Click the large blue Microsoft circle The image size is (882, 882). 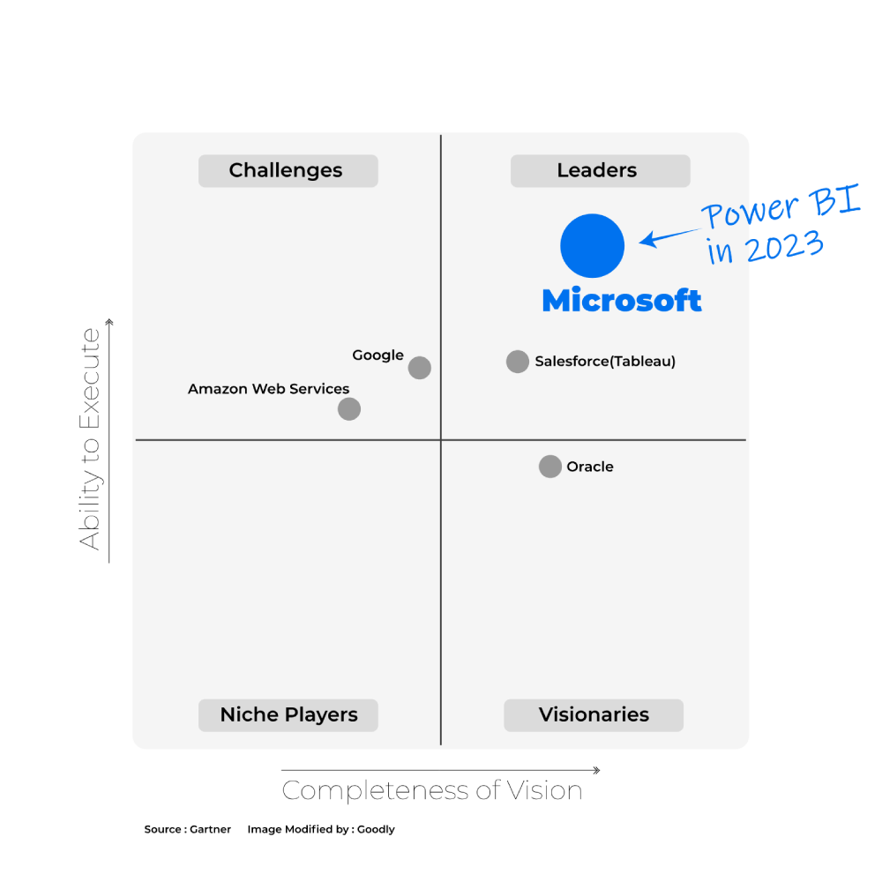[592, 246]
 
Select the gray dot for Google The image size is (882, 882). [420, 368]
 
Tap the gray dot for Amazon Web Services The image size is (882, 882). [349, 409]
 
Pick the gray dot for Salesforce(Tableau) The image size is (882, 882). [518, 362]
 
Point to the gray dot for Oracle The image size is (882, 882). [550, 467]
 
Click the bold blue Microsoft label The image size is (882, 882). [622, 300]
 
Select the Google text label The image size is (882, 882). [378, 355]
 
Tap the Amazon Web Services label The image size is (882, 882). [268, 389]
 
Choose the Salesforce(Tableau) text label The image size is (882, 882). [605, 361]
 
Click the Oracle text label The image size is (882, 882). [590, 467]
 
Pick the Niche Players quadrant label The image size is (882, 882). [288, 715]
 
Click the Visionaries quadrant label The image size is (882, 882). [594, 715]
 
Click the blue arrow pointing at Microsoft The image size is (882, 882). [670, 237]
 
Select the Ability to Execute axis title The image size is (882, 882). [89, 438]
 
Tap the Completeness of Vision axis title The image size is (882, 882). [432, 790]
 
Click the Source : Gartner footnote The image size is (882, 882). [187, 829]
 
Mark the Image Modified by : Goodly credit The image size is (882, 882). [321, 829]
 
